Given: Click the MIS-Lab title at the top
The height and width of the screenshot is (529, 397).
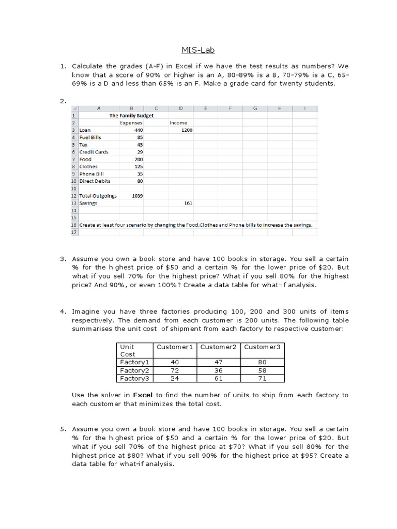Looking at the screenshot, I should tap(197, 50).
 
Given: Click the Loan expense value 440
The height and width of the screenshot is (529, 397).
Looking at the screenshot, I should tap(138, 130).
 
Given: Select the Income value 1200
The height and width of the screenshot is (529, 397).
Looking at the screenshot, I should tap(186, 130).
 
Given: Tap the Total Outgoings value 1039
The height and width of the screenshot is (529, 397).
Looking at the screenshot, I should tap(137, 196).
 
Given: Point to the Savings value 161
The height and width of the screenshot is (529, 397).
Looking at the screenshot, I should tap(188, 203).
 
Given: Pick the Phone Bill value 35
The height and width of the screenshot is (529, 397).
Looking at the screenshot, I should tap(140, 174).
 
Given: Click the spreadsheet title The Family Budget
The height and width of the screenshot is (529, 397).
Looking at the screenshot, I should tap(131, 116).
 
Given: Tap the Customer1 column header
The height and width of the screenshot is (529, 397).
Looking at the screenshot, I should tap(174, 347).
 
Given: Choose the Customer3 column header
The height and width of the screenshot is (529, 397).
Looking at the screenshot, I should tap(262, 347).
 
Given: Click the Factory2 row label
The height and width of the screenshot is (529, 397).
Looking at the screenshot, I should tap(134, 370).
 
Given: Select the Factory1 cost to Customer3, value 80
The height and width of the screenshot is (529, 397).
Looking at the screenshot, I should tap(262, 363).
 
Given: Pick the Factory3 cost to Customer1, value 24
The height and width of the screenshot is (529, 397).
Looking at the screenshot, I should tap(174, 378).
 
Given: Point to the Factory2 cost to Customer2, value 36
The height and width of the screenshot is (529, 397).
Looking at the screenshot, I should tap(218, 370).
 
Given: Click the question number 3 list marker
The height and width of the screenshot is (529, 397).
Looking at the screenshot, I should tap(63, 258).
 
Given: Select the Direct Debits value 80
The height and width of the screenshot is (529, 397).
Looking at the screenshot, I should tap(140, 181).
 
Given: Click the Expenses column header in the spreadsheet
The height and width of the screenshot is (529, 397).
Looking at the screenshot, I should tap(131, 123).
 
